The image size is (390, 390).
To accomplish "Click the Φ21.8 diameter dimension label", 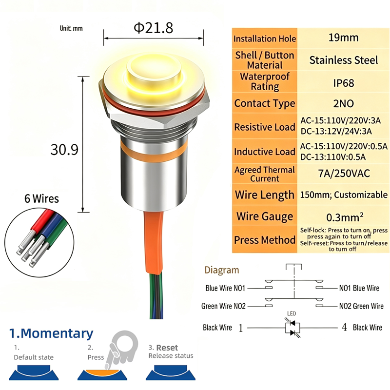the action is point(153,28).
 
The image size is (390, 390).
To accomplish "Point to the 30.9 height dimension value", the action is point(64,150).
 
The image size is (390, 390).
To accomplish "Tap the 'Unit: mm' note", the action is point(71,28).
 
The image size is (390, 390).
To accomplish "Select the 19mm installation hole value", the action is point(344,38).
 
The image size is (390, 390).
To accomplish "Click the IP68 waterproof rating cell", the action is point(344,83).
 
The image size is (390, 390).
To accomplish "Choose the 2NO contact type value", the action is point(344,103).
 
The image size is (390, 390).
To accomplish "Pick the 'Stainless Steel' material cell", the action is point(344,60).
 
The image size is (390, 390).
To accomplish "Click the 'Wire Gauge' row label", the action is point(265,216).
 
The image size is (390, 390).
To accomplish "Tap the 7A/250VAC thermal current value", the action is point(344,174).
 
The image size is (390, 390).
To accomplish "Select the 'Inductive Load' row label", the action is point(265,152).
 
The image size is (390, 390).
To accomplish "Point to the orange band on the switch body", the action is point(154,152).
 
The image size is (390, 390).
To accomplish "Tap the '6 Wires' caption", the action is point(41,199).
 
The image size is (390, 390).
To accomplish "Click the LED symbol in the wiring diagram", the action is point(292,328).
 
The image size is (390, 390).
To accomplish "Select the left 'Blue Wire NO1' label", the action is point(225,288).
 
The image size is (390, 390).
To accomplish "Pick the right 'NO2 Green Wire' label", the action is point(361,306).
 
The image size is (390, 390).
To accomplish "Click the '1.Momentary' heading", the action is point(51,333).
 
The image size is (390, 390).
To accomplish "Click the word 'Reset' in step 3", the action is point(167,348).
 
